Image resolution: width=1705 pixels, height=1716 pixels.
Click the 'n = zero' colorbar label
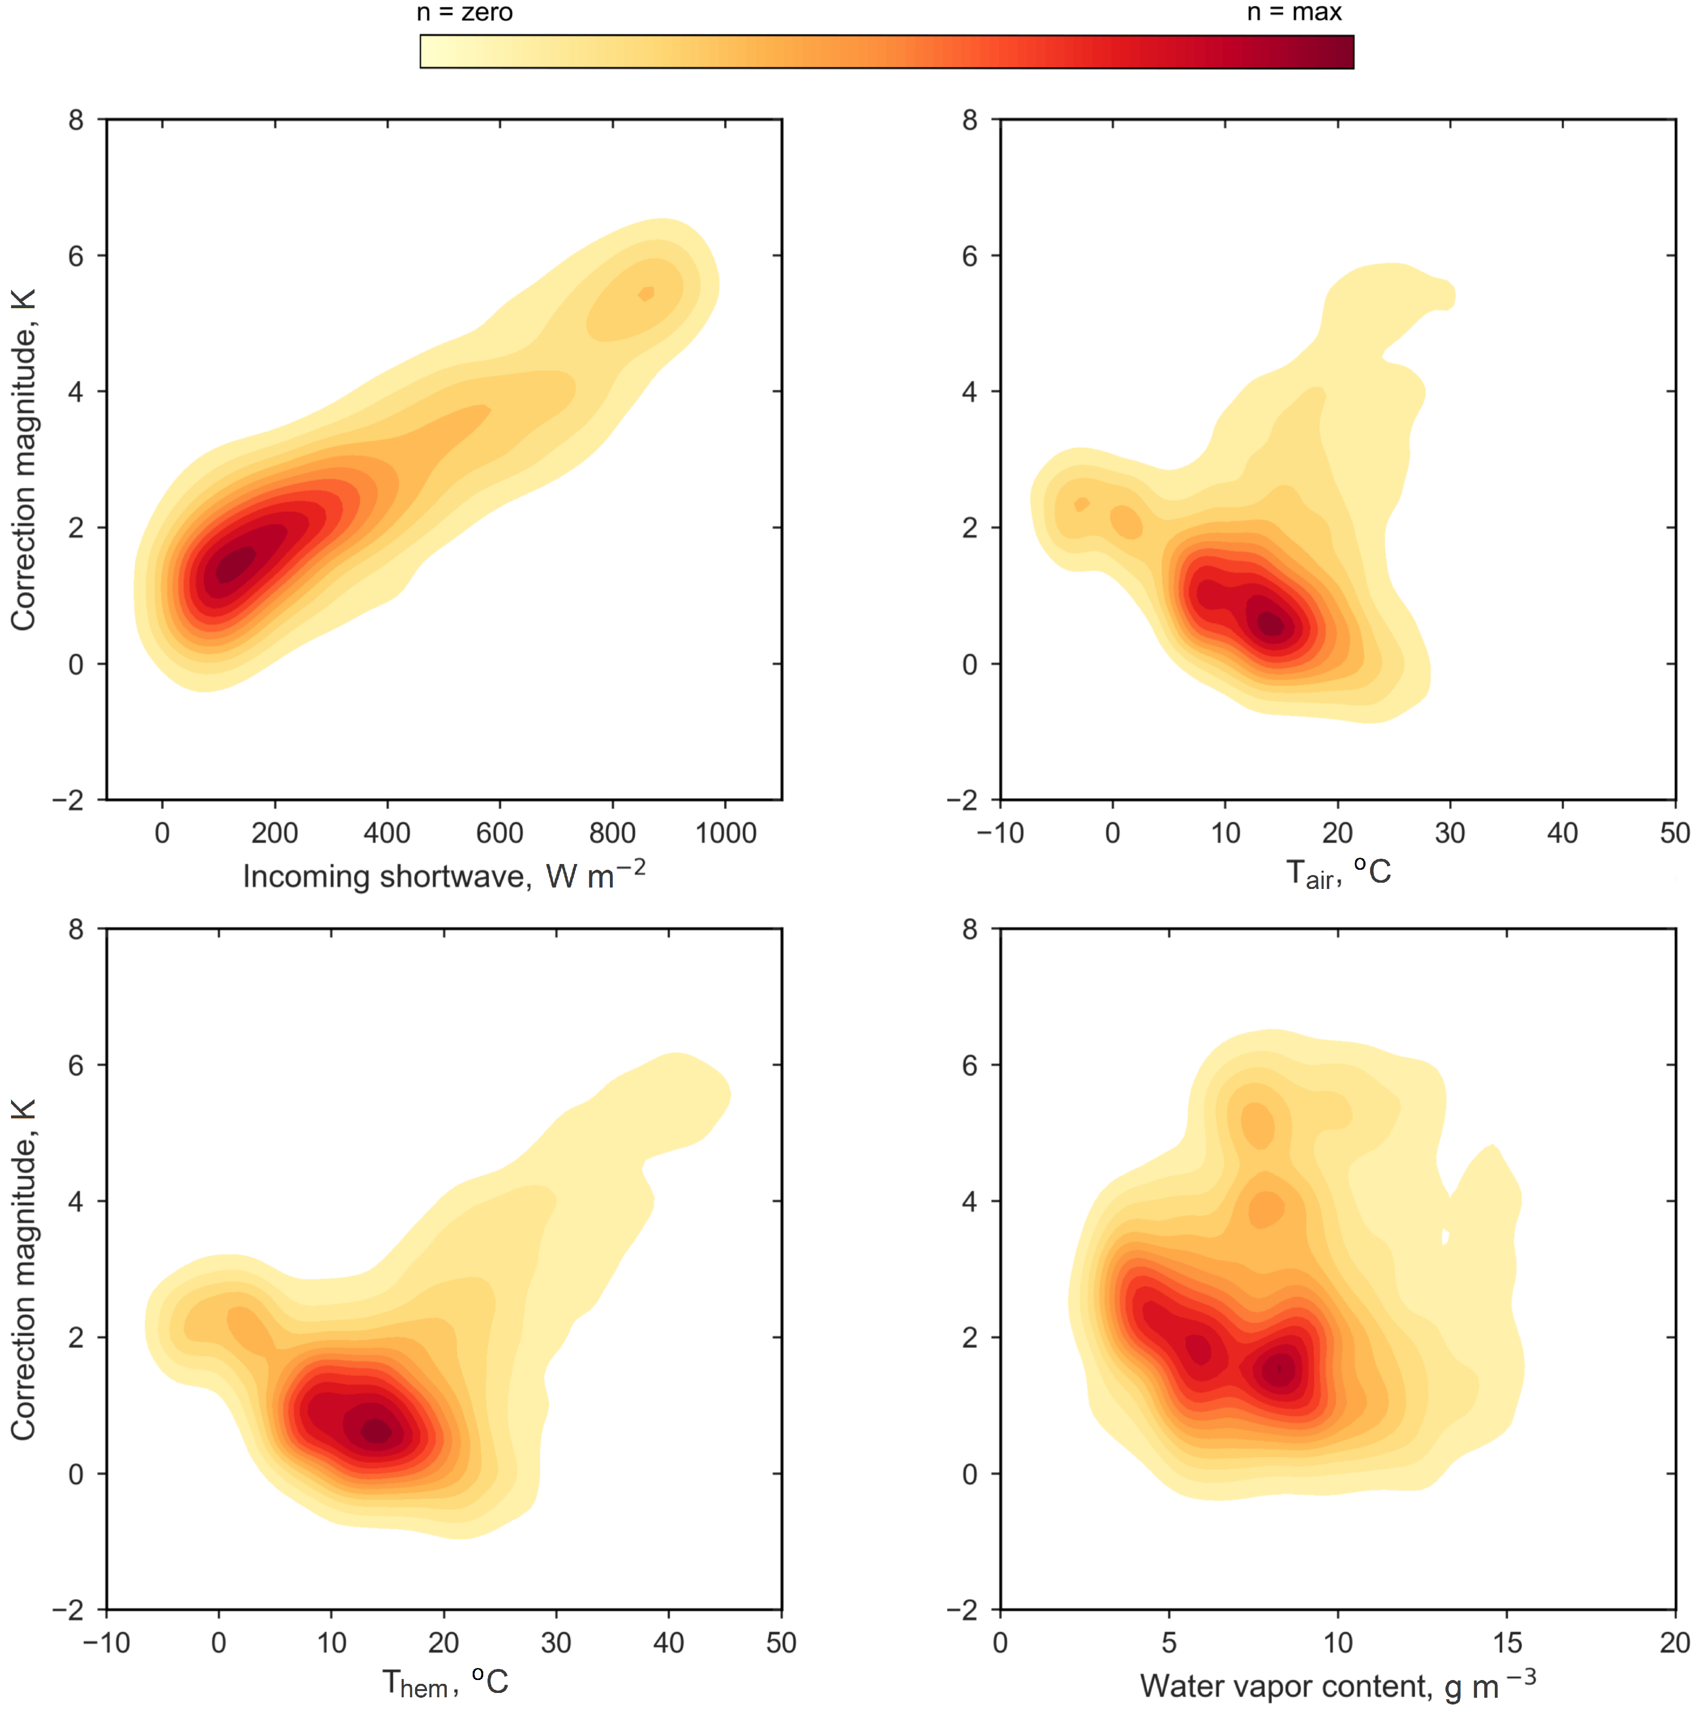(x=465, y=12)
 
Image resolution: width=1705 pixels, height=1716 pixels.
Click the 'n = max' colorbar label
(x=1294, y=12)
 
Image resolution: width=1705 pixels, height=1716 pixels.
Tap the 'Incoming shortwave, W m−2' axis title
(x=444, y=876)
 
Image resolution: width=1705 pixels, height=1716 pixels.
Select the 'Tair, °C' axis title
(x=1338, y=873)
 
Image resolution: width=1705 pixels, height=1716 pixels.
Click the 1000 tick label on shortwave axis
(x=726, y=833)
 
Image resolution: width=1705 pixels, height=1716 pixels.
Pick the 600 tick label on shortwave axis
(x=500, y=833)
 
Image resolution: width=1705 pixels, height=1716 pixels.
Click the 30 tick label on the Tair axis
(x=1450, y=833)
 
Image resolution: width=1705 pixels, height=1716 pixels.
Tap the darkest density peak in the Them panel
(x=377, y=1431)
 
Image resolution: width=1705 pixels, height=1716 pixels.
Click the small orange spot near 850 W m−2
(x=647, y=294)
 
